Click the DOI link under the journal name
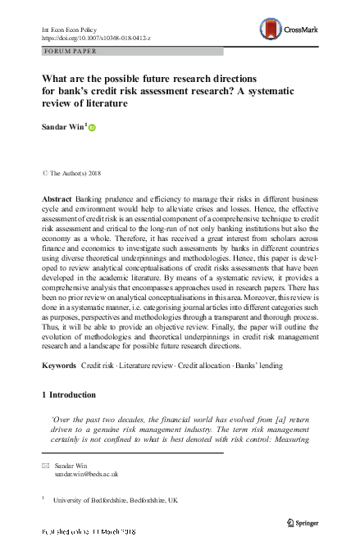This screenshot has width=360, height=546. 90,37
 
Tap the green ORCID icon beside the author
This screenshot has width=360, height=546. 92,128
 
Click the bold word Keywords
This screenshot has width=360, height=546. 58,363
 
